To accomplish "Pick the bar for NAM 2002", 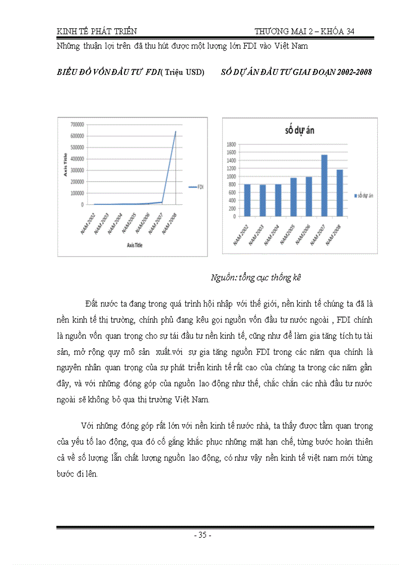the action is point(247,200).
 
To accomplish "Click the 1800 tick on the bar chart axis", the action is point(231,144).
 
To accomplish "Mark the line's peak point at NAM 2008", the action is point(176,131).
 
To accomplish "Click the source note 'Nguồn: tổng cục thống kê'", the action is point(255,277).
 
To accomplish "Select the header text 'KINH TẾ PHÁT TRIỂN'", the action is point(96,31).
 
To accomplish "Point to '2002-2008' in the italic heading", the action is point(352,72).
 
